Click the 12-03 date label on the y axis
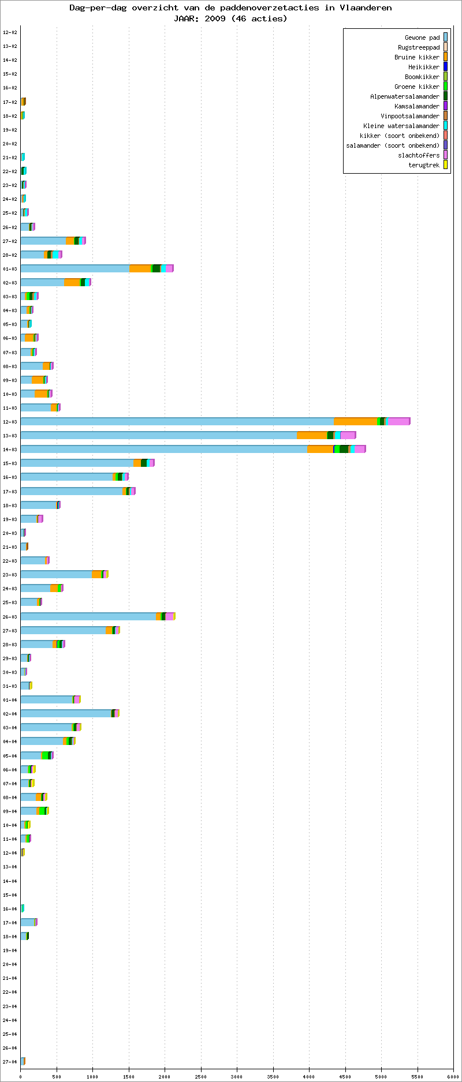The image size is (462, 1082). (10, 422)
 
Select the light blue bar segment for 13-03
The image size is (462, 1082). (158, 435)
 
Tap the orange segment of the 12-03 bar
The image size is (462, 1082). (355, 421)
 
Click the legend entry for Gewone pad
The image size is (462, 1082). (422, 38)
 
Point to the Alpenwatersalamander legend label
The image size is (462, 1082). (405, 96)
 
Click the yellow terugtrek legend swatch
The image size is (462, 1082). (445, 165)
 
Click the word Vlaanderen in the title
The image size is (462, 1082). (364, 8)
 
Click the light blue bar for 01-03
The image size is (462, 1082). (74, 268)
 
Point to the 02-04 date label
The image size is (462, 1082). (10, 714)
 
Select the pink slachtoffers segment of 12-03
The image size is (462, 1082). (398, 421)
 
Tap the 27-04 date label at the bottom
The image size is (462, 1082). (10, 1062)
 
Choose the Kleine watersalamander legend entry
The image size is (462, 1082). (401, 126)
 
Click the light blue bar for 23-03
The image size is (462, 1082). (56, 574)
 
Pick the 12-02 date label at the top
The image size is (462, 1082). (10, 32)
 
